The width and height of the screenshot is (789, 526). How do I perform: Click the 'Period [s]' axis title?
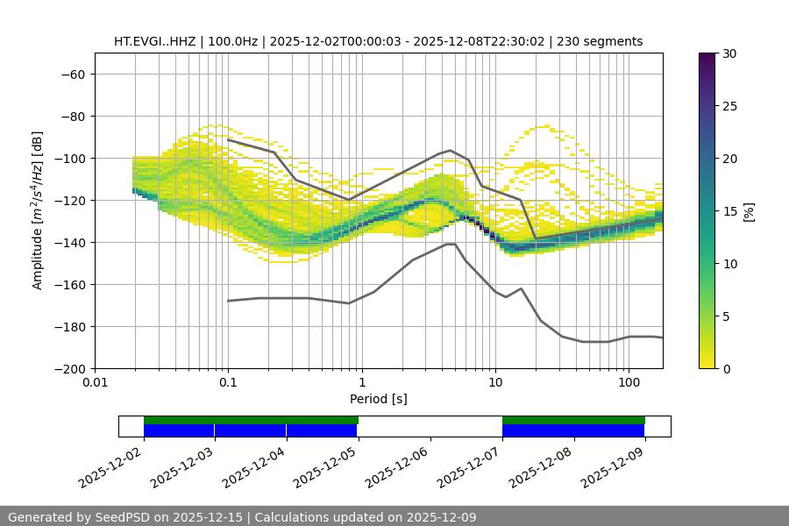(x=379, y=399)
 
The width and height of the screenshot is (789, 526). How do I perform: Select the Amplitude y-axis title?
(x=38, y=210)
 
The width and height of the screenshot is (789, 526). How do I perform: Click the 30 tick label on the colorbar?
(x=729, y=53)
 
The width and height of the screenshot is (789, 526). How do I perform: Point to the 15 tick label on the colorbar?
(x=729, y=211)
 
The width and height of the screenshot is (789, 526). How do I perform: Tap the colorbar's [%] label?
(x=749, y=211)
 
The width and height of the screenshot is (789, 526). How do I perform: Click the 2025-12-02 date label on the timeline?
(x=110, y=467)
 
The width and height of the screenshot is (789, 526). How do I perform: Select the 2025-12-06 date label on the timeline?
(x=396, y=467)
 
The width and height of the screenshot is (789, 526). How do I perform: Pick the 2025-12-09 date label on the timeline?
(x=612, y=467)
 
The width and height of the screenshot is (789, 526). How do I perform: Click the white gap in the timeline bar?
(x=430, y=426)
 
